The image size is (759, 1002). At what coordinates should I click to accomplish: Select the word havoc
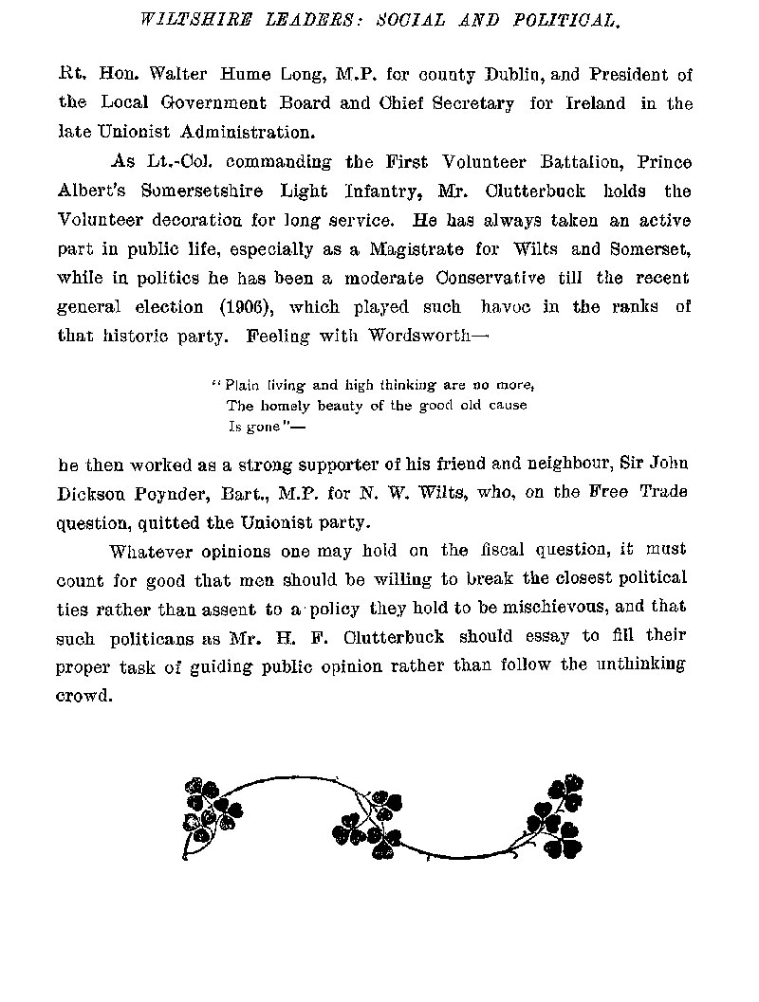point(513,308)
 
